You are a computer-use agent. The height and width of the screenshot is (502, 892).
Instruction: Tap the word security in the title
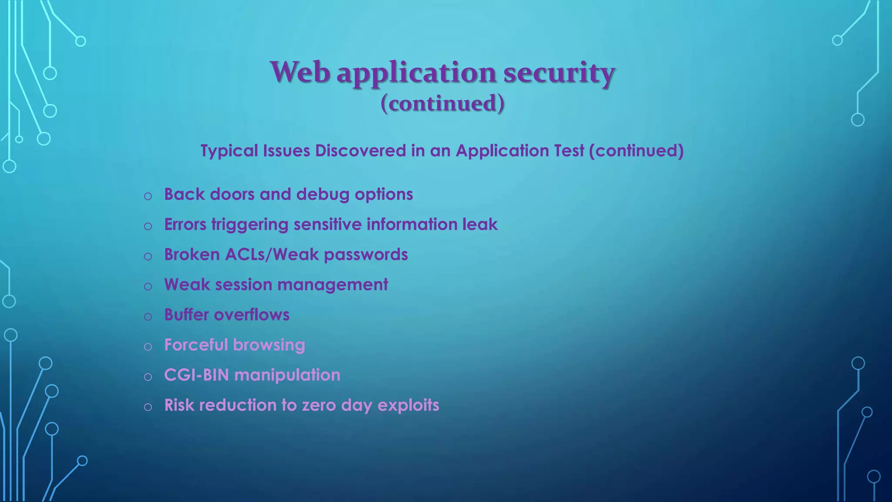[x=559, y=73]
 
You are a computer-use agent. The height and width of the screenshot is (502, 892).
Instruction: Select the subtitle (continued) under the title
[x=443, y=103]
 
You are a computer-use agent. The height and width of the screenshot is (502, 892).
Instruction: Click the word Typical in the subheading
[x=229, y=151]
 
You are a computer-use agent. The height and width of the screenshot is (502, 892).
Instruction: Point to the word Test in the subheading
[x=569, y=151]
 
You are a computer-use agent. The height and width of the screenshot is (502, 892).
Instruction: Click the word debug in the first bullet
[x=323, y=194]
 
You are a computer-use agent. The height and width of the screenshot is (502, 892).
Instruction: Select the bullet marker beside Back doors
[x=148, y=196]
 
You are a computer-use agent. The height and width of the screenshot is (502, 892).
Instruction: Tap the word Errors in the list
[x=185, y=224]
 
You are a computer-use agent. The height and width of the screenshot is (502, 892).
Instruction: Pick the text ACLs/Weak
[x=272, y=254]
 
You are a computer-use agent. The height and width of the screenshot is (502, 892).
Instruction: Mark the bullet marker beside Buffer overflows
[x=148, y=316]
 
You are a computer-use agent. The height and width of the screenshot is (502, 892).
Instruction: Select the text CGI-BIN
[x=196, y=375]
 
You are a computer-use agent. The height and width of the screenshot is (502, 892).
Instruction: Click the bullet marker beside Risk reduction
[x=148, y=407]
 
